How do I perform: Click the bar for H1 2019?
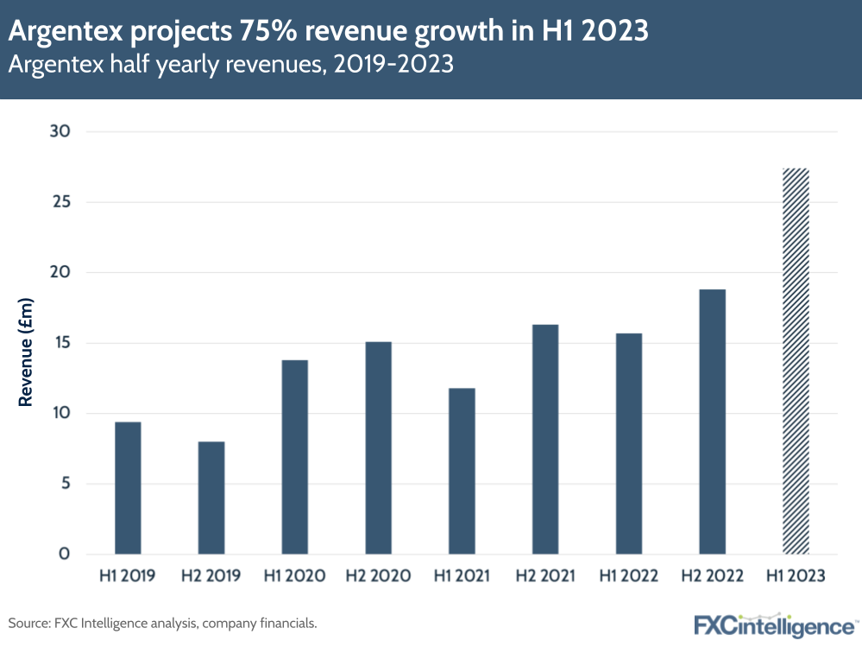(128, 488)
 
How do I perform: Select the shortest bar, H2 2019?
(211, 498)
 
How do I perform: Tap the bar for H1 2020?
(295, 457)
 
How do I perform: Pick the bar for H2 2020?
(378, 447)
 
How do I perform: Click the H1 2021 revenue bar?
(462, 471)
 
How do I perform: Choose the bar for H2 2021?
(545, 439)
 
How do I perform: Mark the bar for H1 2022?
(628, 443)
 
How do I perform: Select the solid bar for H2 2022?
(712, 422)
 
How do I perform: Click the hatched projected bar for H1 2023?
(796, 361)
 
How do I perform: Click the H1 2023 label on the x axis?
(796, 576)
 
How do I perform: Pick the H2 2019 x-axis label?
(211, 576)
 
